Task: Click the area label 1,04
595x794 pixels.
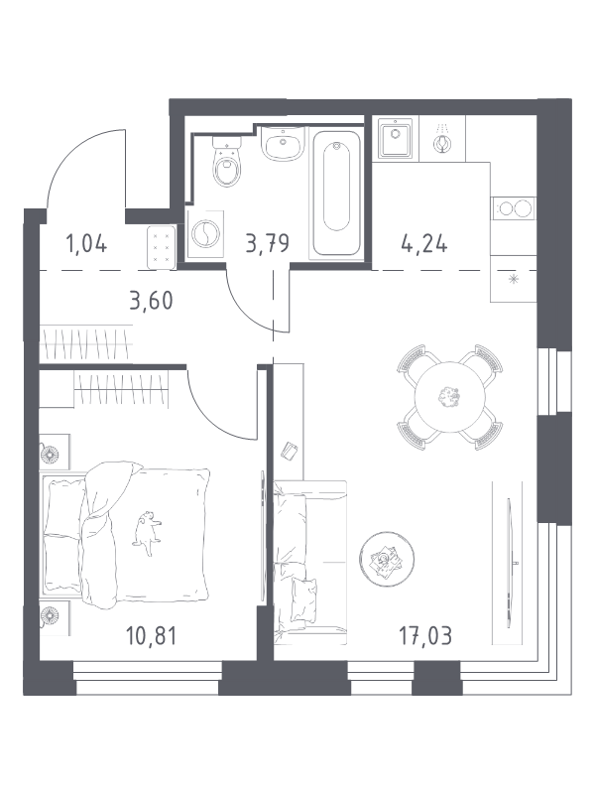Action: click(86, 243)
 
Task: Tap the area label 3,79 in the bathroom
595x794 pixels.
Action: click(267, 243)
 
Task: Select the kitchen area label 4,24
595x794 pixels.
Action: click(424, 243)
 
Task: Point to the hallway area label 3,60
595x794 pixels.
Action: click(151, 301)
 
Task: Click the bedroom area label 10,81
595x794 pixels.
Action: click(152, 635)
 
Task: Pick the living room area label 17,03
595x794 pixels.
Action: click(425, 635)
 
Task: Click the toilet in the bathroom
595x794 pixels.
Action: click(226, 161)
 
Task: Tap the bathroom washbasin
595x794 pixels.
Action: click(283, 143)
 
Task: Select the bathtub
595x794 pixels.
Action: click(336, 194)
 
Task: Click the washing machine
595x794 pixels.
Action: click(205, 235)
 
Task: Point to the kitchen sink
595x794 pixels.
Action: click(395, 138)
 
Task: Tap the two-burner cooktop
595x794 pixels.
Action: click(514, 207)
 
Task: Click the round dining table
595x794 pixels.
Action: click(450, 398)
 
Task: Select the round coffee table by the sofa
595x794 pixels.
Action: click(387, 559)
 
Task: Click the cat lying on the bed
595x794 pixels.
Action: click(147, 534)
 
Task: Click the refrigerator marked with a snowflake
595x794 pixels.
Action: click(514, 279)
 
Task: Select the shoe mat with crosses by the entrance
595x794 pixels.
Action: click(162, 247)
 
